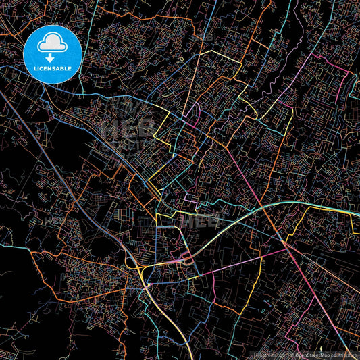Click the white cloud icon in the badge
coord(53,43)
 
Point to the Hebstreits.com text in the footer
coord(270,354)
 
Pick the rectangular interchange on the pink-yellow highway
coord(184,259)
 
